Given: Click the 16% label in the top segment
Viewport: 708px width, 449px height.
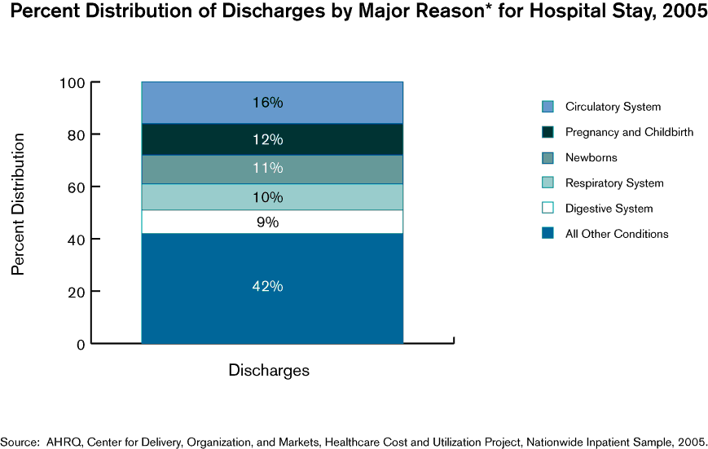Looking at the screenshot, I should [267, 103].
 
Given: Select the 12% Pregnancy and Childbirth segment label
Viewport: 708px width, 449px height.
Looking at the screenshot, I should [267, 139].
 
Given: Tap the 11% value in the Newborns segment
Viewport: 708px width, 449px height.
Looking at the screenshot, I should [267, 169].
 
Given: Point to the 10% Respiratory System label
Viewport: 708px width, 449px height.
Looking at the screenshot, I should [267, 197].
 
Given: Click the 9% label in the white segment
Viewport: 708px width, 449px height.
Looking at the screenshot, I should [267, 222].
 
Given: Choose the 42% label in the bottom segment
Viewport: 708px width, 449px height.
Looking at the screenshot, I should [267, 287].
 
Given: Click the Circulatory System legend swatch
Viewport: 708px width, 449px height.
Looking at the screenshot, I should [547, 107].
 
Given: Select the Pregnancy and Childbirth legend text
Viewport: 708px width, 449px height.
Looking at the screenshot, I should [629, 132].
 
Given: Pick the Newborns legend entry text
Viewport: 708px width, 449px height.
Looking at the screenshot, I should [591, 157].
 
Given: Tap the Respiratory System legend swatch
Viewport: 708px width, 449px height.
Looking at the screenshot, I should [547, 183].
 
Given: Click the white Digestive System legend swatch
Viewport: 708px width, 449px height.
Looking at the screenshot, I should [547, 209].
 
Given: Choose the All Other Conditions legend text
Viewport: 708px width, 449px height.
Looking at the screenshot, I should [617, 234].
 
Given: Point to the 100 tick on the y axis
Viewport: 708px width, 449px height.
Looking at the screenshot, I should [73, 83].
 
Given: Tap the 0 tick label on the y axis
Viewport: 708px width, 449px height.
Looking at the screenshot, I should [81, 345].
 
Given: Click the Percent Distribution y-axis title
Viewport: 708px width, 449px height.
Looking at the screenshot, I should [18, 205].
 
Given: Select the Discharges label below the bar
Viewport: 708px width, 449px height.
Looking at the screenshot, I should [269, 370].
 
